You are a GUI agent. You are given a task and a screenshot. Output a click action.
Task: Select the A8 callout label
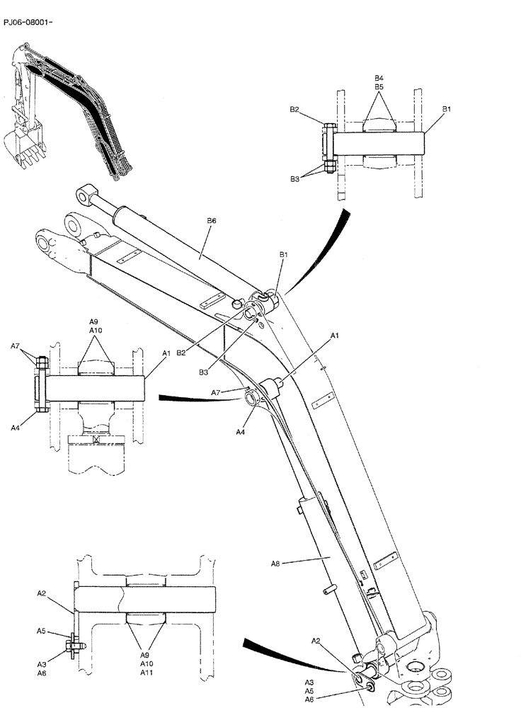pyautogui.click(x=276, y=564)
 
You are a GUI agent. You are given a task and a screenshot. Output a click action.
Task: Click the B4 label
pyautogui.click(x=379, y=77)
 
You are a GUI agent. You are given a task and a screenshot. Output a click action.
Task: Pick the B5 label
pyautogui.click(x=379, y=86)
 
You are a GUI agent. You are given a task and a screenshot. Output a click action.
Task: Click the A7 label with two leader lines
pyautogui.click(x=15, y=346)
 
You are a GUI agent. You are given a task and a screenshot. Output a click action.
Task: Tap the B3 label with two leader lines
pyautogui.click(x=294, y=180)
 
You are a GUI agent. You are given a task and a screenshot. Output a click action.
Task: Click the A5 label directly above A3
pyautogui.click(x=41, y=630)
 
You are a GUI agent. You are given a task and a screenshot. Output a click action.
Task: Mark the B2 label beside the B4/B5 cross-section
pyautogui.click(x=294, y=110)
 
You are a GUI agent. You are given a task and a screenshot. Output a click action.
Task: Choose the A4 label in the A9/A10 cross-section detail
pyautogui.click(x=15, y=427)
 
